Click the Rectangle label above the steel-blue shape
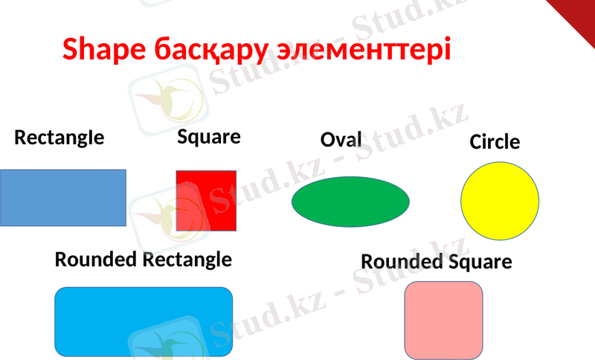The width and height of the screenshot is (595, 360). coord(59,138)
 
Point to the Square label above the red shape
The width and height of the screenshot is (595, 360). coord(209,137)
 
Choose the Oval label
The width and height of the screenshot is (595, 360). coord(341,140)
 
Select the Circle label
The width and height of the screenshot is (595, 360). coord(495,141)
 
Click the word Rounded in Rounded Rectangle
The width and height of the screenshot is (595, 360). coord(96,260)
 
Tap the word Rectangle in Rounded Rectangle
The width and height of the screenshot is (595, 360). coord(187,260)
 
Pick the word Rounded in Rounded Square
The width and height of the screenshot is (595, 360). coord(402,262)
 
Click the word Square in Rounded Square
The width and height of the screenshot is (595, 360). coord(480,263)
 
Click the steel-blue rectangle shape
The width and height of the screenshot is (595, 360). coord(62,197)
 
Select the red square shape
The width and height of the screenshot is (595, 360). coord(206,200)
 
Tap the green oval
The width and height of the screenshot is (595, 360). coord(350,202)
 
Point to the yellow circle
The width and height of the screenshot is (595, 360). coord(500,201)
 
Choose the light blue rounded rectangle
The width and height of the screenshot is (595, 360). coord(144,321)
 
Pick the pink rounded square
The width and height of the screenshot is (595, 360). coord(443,320)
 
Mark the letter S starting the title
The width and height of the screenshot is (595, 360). coord(69,50)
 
